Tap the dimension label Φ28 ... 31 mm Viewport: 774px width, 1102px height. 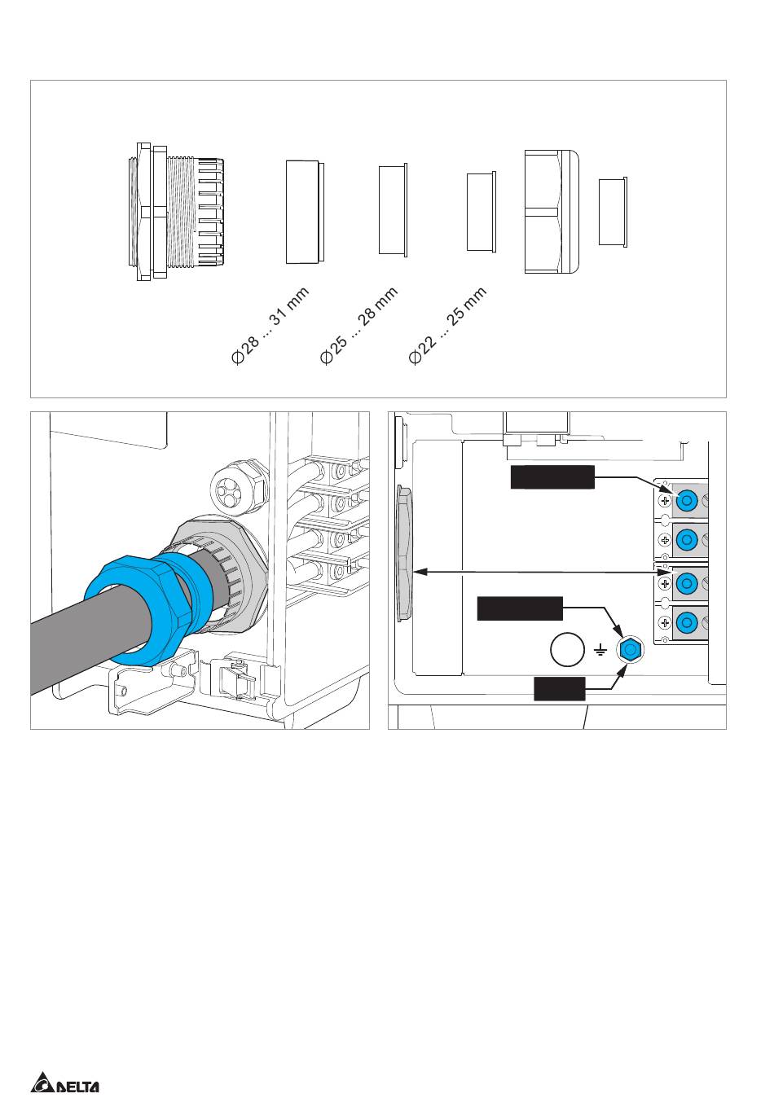[x=270, y=325]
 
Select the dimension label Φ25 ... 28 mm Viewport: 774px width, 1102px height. [x=358, y=325]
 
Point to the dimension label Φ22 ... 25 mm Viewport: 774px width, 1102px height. [x=448, y=325]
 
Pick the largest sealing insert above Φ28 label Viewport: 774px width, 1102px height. [x=305, y=212]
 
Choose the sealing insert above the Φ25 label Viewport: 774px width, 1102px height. [x=394, y=210]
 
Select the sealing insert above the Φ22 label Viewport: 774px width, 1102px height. [x=482, y=212]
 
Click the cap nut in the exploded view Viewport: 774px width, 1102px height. [x=552, y=212]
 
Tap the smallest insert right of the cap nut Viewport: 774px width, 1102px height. [x=613, y=212]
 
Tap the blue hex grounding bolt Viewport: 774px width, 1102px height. [x=629, y=651]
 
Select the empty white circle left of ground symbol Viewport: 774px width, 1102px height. [x=567, y=650]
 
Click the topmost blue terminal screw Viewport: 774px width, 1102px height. [x=687, y=501]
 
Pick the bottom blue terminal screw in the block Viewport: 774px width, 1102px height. [x=687, y=623]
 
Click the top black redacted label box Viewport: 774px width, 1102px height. [x=552, y=476]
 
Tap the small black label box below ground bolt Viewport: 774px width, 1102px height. [x=560, y=688]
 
